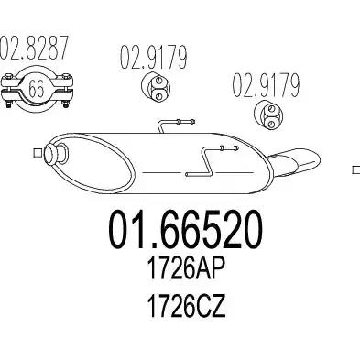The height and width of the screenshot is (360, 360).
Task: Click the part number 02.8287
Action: pyautogui.click(x=33, y=48)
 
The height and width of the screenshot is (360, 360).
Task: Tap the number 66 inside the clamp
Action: pyautogui.click(x=37, y=88)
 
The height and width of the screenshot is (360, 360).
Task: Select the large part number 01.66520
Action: pyautogui.click(x=186, y=230)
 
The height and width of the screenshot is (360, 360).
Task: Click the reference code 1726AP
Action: pyautogui.click(x=186, y=268)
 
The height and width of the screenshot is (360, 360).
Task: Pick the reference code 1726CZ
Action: pyautogui.click(x=186, y=306)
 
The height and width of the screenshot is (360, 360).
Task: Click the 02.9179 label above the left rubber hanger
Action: pyautogui.click(x=153, y=57)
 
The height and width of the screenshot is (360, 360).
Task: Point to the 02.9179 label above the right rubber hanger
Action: pyautogui.click(x=266, y=85)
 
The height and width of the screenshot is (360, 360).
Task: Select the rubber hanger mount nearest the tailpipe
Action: pyautogui.click(x=268, y=115)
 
